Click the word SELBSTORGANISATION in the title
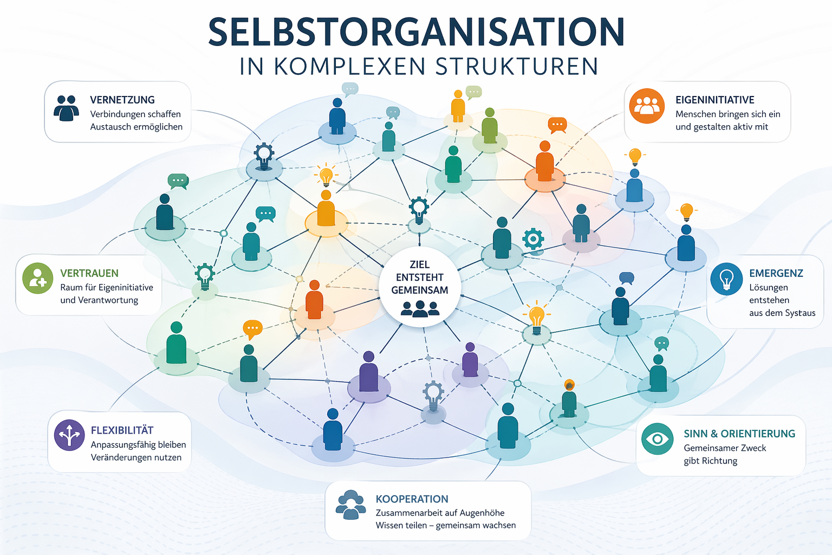416,33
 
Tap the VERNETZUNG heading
122,100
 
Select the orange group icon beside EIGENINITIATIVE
647,106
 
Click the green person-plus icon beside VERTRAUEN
37,278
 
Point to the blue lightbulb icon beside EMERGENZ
726,279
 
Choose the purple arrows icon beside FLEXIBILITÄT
69,435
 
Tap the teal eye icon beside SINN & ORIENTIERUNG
657,438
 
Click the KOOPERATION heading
412,499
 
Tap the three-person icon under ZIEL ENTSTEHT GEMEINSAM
420,309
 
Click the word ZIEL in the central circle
420,264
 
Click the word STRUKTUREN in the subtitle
517,67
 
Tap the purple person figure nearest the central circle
470,360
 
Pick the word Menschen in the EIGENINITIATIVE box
695,114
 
